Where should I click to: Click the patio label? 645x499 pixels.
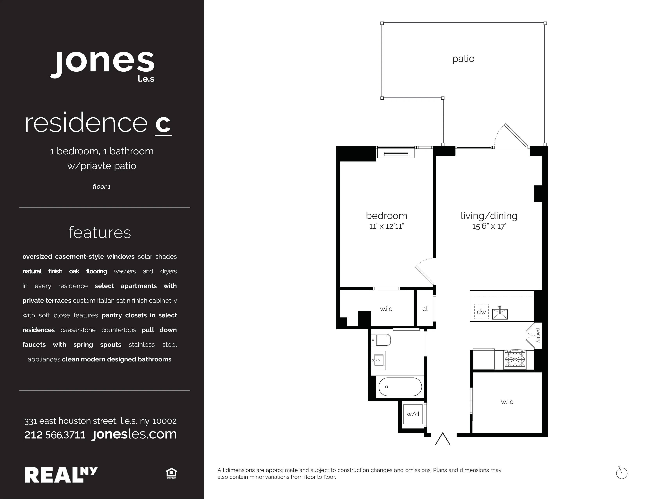click(x=463, y=59)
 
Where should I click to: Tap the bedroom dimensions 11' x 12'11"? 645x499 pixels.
click(x=386, y=226)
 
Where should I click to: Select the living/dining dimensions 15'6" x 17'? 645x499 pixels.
click(x=489, y=226)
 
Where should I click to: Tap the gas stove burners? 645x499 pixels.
click(x=515, y=359)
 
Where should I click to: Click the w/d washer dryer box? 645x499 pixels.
click(x=413, y=414)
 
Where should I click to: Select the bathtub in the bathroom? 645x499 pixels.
click(x=400, y=387)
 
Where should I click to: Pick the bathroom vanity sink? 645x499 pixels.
click(x=378, y=360)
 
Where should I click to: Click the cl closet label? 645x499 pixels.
click(x=425, y=309)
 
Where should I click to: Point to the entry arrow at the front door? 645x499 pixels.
click(x=442, y=439)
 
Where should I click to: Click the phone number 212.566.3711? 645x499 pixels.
click(x=55, y=435)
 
